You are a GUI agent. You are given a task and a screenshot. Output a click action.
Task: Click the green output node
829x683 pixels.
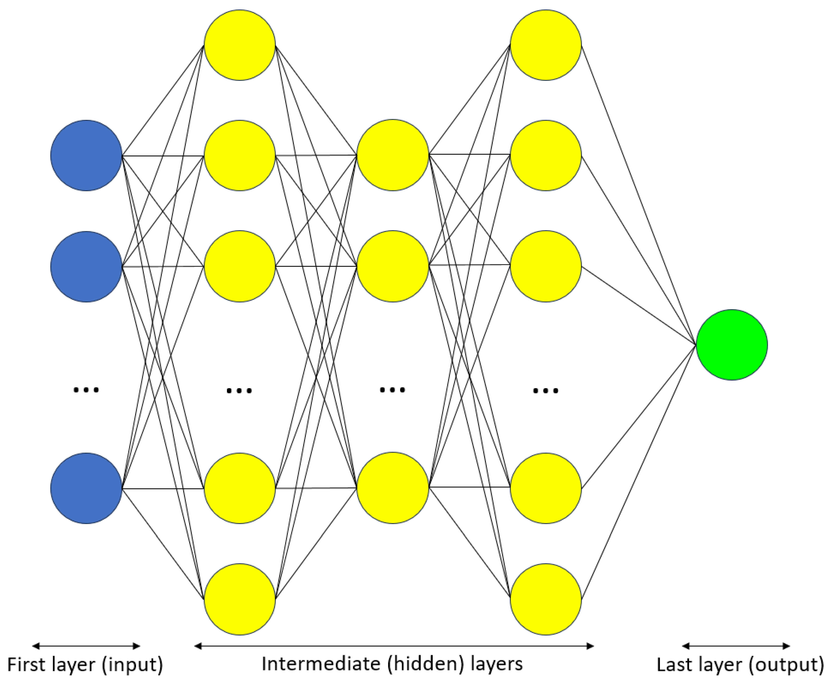(732, 345)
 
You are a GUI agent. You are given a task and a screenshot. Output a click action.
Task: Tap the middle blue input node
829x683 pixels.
(86, 267)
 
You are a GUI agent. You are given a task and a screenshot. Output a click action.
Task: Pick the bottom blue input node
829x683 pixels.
(86, 488)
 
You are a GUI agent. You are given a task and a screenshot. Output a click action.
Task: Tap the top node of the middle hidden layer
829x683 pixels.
(393, 155)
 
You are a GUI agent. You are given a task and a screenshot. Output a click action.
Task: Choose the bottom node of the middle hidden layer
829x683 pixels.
(393, 488)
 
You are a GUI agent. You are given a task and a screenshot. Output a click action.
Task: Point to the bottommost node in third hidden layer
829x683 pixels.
(546, 599)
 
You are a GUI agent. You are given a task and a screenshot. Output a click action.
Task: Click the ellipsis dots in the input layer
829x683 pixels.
(86, 390)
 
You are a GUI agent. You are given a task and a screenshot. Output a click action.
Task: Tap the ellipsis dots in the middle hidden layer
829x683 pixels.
(392, 390)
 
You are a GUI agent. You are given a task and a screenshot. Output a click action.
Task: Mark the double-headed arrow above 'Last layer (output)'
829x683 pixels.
(736, 646)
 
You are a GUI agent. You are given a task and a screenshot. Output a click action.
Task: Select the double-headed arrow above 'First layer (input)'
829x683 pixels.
(86, 646)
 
